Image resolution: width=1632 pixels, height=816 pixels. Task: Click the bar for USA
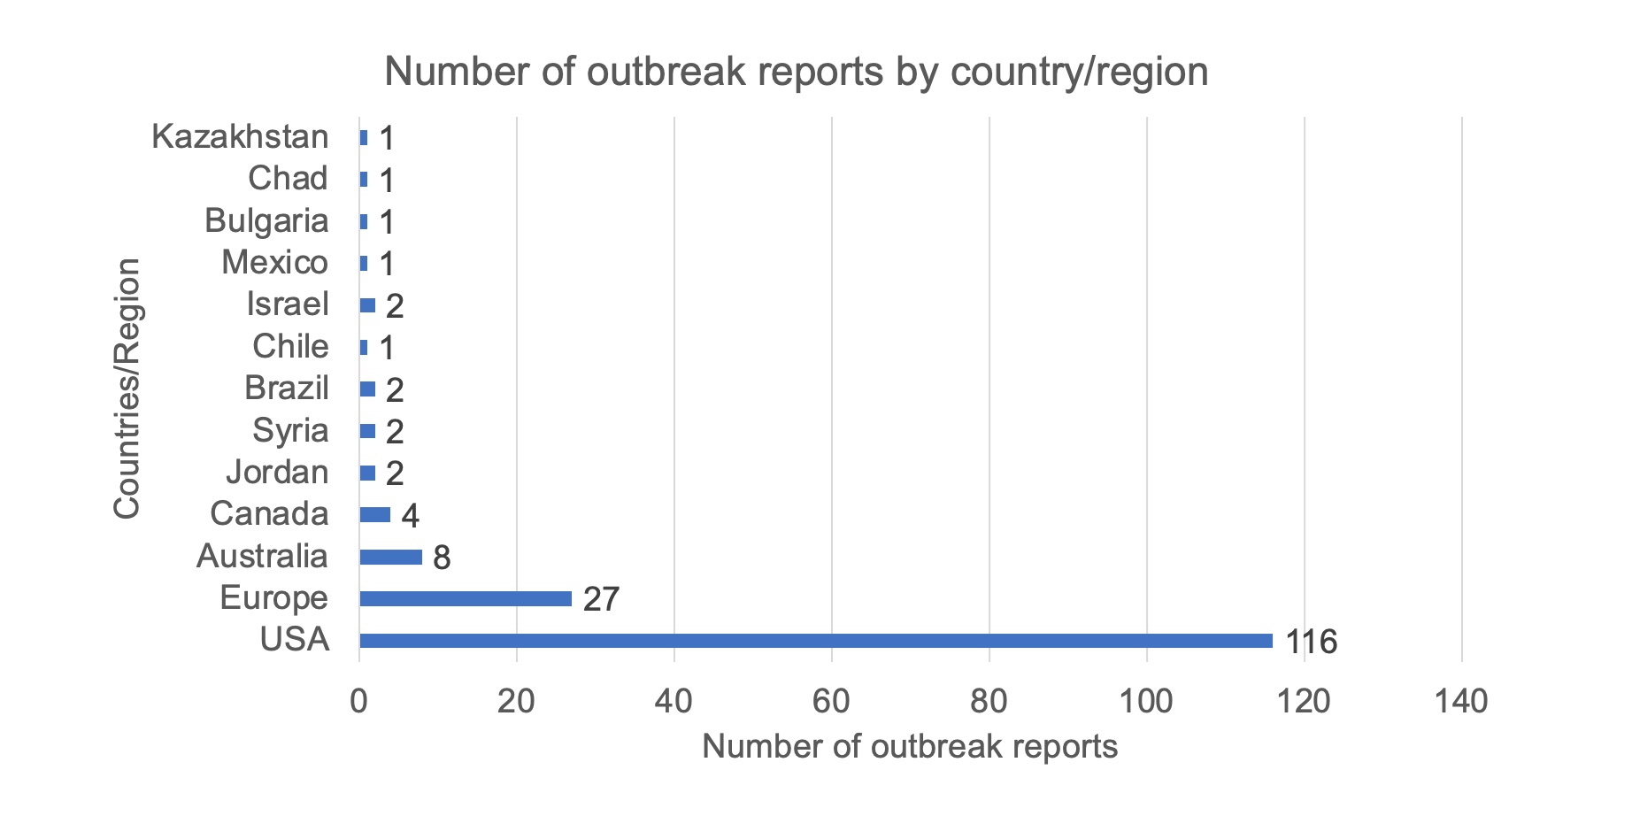(x=815, y=641)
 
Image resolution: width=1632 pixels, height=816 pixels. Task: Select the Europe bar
(x=466, y=599)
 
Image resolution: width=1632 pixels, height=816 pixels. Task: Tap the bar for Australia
(x=390, y=557)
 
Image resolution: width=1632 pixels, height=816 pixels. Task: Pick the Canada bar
(x=374, y=515)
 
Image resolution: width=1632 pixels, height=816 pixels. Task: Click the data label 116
(x=1311, y=642)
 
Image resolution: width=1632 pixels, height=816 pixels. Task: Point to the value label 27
(x=601, y=600)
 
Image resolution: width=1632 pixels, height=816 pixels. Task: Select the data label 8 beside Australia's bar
(x=442, y=558)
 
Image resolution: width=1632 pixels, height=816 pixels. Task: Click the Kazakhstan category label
(x=240, y=137)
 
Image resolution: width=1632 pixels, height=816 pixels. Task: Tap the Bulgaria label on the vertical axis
(x=266, y=220)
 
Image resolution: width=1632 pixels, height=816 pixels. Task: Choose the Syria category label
(x=290, y=430)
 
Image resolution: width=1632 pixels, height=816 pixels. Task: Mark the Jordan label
(x=277, y=472)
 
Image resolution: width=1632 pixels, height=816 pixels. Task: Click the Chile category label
(x=290, y=346)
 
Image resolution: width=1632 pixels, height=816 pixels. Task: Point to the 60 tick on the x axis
(x=831, y=702)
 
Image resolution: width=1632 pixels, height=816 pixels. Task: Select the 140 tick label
(x=1461, y=702)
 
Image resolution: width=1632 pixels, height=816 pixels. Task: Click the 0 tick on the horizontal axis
(x=359, y=702)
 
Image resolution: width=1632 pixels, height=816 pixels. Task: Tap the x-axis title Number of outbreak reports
(x=910, y=747)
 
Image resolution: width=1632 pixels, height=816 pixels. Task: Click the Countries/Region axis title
(x=127, y=388)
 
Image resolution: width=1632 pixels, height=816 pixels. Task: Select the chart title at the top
(x=797, y=72)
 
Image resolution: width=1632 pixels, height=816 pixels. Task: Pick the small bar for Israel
(x=367, y=305)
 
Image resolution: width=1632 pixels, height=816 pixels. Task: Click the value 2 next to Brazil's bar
(x=395, y=390)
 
